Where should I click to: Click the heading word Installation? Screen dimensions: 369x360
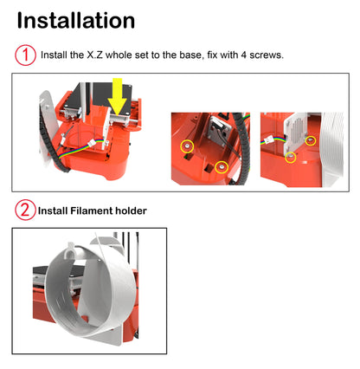(76, 21)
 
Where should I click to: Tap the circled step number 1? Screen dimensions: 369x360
(26, 55)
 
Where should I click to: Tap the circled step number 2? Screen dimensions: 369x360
(26, 210)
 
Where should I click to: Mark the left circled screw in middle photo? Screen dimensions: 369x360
(184, 147)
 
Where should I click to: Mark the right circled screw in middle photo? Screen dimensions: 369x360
(222, 165)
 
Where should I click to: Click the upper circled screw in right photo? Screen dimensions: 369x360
(312, 139)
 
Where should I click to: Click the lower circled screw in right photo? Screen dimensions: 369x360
(291, 158)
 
